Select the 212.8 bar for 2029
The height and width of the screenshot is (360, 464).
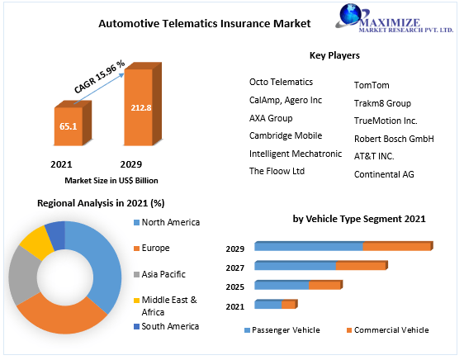tap(137, 107)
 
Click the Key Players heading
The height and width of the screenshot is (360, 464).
tap(334, 55)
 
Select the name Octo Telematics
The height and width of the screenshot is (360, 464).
tap(281, 82)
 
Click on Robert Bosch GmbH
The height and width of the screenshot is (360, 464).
tap(394, 139)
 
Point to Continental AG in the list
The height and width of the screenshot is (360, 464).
tap(384, 174)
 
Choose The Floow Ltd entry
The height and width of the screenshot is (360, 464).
tap(277, 171)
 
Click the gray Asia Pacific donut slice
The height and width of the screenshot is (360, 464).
tap(23, 274)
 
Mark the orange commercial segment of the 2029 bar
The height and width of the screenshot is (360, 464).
tap(397, 246)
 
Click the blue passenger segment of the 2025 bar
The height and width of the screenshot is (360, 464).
tap(282, 285)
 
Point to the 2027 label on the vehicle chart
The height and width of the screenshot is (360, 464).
tap(235, 268)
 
